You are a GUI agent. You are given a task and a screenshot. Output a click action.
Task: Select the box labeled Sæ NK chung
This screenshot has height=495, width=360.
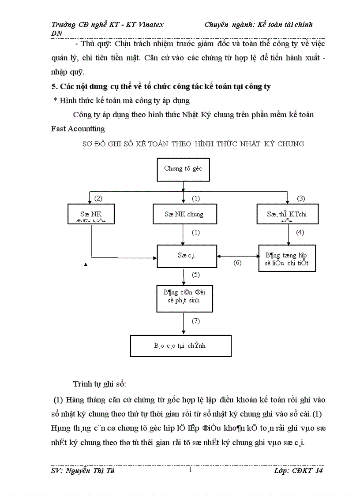pos(184,214)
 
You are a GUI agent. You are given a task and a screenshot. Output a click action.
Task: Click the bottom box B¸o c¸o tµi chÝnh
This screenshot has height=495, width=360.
pos(181,346)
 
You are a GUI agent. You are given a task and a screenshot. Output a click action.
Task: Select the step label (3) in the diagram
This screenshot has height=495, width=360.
pos(301,198)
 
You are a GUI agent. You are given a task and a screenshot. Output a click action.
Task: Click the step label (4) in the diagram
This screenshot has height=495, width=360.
pos(300,232)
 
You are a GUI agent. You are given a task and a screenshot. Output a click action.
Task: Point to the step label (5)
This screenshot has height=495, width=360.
pos(196,275)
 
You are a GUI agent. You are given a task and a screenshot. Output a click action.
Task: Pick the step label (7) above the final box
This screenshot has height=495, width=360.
pos(196,321)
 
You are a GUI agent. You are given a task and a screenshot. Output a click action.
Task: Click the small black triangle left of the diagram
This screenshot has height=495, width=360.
pos(85,265)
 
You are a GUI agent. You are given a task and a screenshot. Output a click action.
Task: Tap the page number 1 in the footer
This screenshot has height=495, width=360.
pos(190,471)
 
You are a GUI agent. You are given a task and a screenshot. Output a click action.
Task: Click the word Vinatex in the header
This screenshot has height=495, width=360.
pos(154,25)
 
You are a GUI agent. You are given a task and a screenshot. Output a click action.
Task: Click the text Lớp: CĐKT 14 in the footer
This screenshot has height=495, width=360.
pos(298,471)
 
